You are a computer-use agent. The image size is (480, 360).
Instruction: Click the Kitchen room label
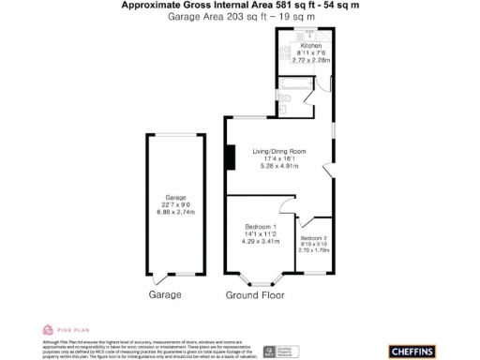pyautogui.click(x=310, y=46)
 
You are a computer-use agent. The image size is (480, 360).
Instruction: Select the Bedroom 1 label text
pyautogui.click(x=260, y=228)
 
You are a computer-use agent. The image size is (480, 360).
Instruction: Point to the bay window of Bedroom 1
pyautogui.click(x=260, y=278)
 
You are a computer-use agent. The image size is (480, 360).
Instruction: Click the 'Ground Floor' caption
pyautogui.click(x=254, y=295)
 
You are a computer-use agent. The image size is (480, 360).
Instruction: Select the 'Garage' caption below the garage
pyautogui.click(x=166, y=295)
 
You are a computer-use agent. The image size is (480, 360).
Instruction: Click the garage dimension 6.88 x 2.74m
pyautogui.click(x=174, y=212)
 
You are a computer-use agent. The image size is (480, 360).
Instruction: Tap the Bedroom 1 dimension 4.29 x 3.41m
pyautogui.click(x=260, y=242)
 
